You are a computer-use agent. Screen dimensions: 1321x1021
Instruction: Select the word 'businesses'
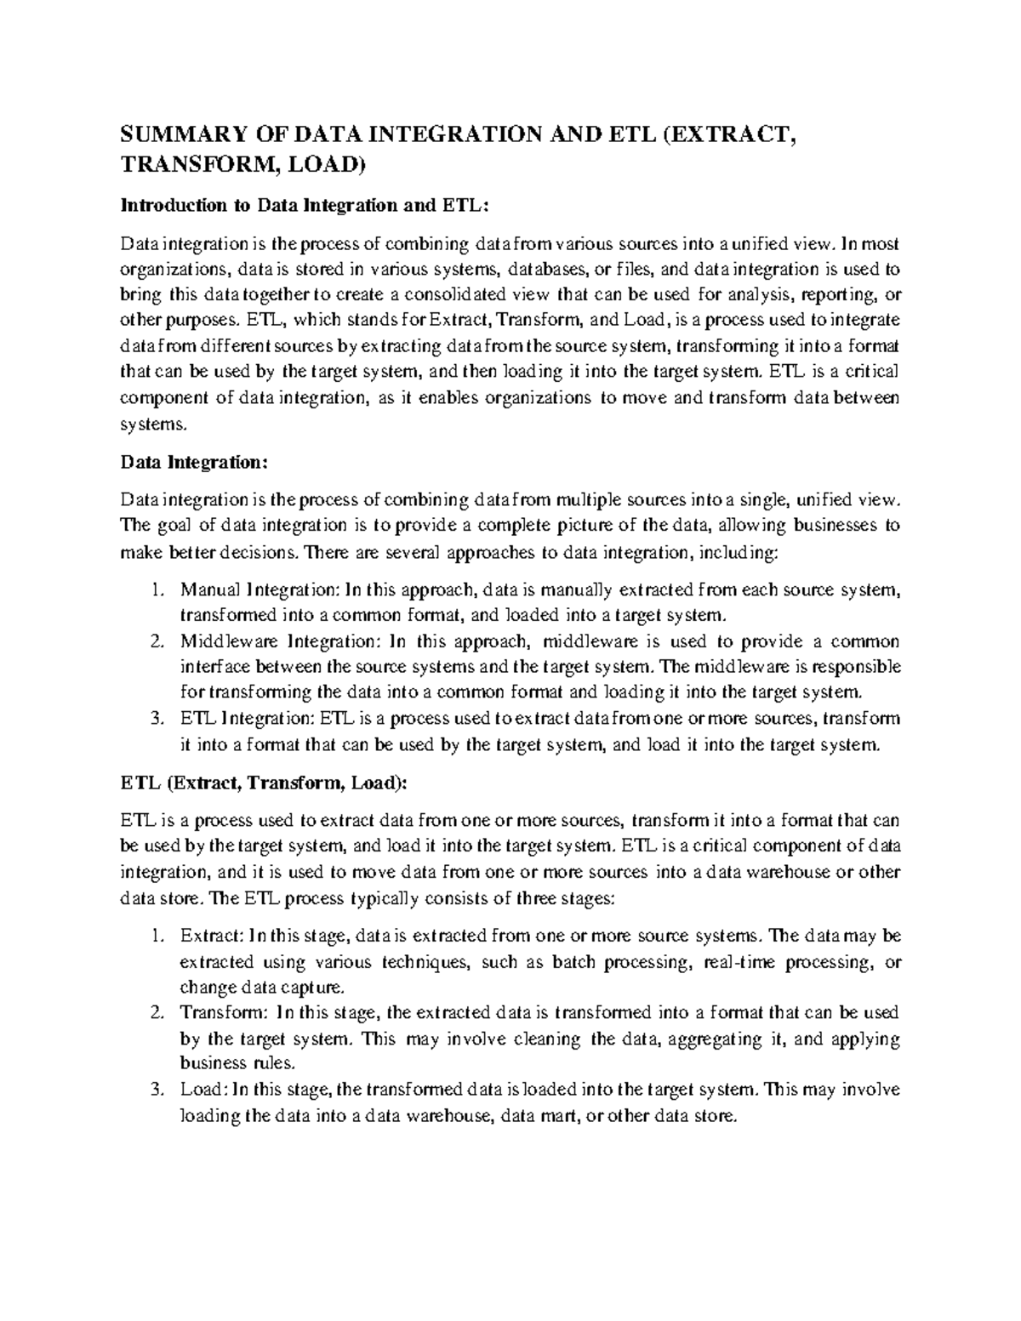[x=823, y=526]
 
